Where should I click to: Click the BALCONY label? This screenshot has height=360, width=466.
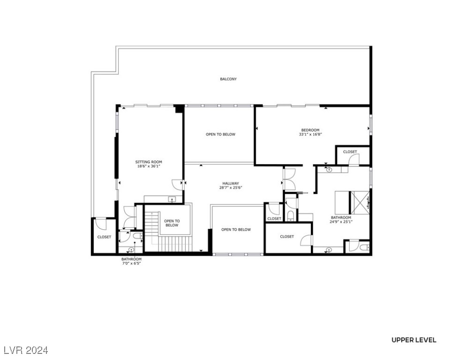coord(228,79)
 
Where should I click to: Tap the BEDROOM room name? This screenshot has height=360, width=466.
coord(310,130)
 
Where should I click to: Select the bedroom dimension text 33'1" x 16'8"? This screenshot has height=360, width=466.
coord(310,135)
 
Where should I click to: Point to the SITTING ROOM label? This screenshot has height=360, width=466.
coord(149,162)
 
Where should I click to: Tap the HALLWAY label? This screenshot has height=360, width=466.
coord(230,183)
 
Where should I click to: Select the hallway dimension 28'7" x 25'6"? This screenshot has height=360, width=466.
coord(230,187)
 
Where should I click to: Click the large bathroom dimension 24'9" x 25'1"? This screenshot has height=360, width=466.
coord(341,222)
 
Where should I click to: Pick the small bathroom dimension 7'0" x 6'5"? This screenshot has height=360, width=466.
coord(131,263)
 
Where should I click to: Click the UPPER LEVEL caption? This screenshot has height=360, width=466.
coord(413,340)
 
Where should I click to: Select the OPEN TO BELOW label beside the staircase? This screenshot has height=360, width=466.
coord(172,223)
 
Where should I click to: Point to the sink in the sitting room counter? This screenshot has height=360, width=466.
coord(172,200)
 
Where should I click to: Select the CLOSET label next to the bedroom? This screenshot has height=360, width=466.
coord(350,152)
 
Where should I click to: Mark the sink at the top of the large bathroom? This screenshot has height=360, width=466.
coord(329,169)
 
